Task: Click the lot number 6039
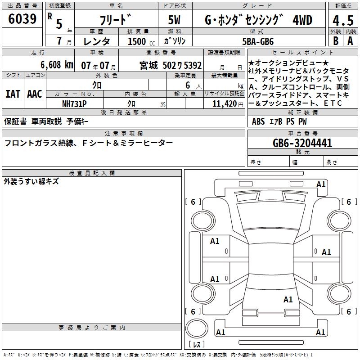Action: [x=22, y=19]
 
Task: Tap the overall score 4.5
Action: [x=343, y=20]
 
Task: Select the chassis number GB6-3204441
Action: [x=302, y=143]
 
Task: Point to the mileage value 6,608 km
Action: [x=57, y=65]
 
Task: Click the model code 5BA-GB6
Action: [x=258, y=41]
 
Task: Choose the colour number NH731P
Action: [x=74, y=104]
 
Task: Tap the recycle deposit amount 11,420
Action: [x=225, y=104]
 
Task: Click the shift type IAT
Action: [x=13, y=94]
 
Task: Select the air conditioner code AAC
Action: [x=35, y=94]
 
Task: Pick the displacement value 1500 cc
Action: [x=141, y=41]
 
